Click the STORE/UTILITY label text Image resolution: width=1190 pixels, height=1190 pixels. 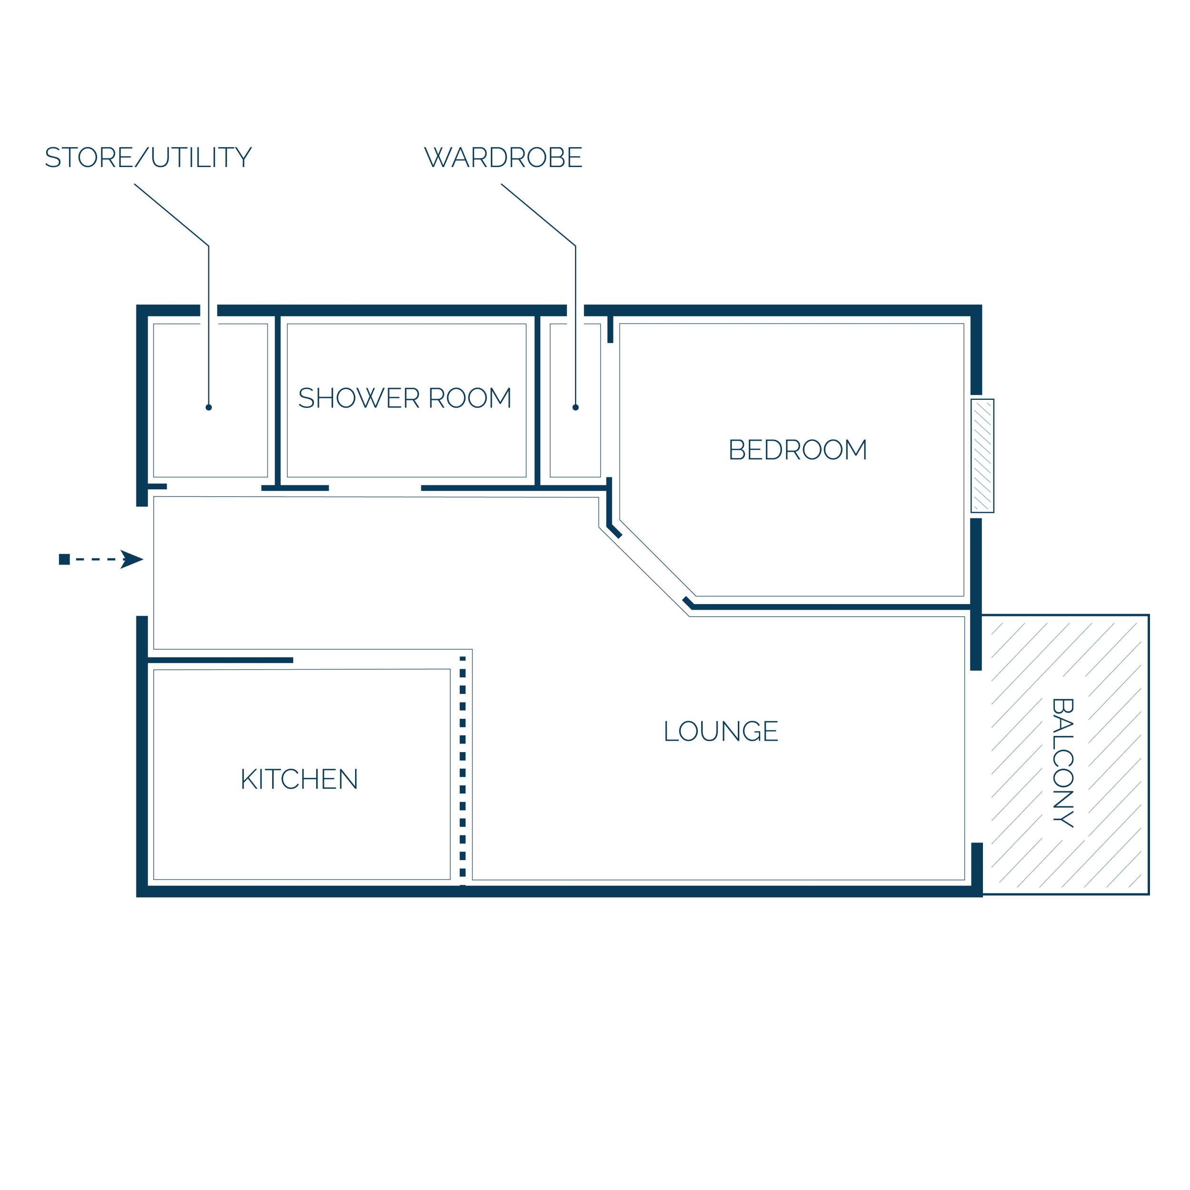149,157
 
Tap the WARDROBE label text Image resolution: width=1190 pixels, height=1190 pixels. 503,157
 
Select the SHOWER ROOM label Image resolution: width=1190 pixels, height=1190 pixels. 405,398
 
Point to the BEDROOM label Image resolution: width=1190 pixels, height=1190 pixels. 798,450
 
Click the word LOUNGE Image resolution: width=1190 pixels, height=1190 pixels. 721,731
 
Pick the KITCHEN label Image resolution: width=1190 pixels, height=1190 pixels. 299,779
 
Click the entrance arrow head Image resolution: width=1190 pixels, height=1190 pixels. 132,559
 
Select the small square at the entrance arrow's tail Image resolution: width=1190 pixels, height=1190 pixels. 64,559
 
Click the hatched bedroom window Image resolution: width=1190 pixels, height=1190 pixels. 982,456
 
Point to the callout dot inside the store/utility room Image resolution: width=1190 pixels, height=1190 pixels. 209,407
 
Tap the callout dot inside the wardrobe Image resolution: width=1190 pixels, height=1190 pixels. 576,407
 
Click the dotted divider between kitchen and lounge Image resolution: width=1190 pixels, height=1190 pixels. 463,771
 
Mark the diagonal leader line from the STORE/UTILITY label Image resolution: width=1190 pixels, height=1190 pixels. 171,214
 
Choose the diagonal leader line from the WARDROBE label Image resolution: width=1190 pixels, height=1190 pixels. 538,214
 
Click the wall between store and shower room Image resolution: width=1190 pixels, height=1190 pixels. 278,400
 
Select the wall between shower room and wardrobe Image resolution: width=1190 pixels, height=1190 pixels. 538,400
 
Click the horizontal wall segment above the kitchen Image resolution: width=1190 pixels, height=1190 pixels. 220,660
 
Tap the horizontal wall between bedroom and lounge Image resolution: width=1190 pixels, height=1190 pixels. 832,607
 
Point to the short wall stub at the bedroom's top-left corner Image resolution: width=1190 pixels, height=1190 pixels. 610,329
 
